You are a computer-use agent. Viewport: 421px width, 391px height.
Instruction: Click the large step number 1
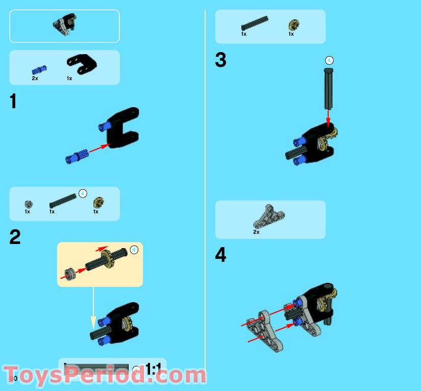[x=13, y=102]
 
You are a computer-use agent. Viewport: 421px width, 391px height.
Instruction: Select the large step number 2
[x=15, y=237]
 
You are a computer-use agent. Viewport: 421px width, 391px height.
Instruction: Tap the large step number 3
[x=220, y=60]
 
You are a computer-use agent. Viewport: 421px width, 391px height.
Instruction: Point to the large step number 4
[x=220, y=255]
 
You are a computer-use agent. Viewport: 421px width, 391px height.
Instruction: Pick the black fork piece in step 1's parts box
[x=81, y=63]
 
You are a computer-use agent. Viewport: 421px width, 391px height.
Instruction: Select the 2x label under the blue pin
[x=35, y=79]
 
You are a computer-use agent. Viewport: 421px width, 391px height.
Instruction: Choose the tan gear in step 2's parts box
[x=96, y=203]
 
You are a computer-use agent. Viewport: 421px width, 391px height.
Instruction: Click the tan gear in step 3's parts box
[x=292, y=25]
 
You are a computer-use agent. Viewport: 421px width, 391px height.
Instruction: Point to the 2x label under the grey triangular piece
[x=256, y=232]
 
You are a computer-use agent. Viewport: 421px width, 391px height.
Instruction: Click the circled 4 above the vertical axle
[x=329, y=60]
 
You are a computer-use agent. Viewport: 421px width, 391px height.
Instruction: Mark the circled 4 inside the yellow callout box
[x=134, y=250]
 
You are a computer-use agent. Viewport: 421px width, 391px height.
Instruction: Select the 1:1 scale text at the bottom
[x=154, y=369]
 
